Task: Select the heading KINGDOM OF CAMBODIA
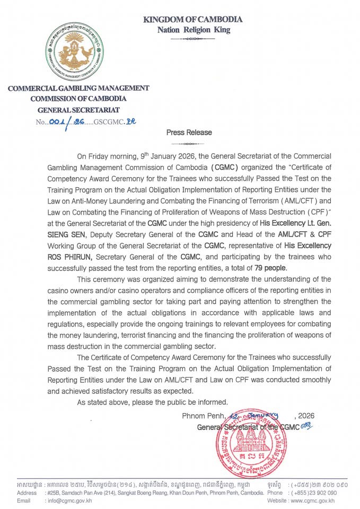[193, 20]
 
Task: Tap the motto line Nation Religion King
[193, 30]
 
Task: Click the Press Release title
[189, 133]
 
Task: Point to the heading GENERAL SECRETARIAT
[78, 110]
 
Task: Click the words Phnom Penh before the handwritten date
[204, 416]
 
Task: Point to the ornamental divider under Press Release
[189, 143]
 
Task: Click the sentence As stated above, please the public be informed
[153, 402]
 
